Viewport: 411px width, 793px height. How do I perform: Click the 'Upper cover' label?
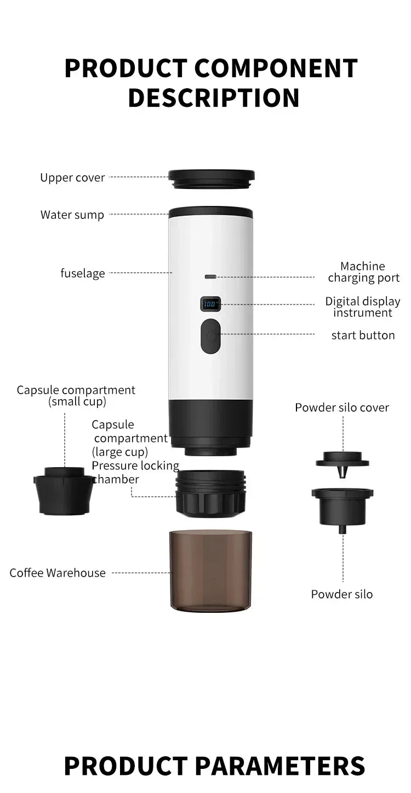[x=72, y=177]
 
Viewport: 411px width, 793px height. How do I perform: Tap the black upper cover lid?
[x=212, y=179]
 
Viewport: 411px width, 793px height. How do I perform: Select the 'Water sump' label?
[x=72, y=215]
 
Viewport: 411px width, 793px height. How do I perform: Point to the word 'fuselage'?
[x=83, y=273]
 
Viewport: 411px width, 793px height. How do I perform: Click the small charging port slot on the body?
[x=210, y=277]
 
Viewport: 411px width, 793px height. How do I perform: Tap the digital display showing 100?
[x=210, y=303]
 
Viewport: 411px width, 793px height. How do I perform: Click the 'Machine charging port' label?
[x=363, y=272]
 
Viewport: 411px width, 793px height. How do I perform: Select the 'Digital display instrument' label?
[x=363, y=307]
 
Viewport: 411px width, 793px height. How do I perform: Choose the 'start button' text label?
[x=363, y=335]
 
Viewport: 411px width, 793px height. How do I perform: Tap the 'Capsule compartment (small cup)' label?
[x=76, y=395]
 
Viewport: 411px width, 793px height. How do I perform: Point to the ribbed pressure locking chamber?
[x=211, y=492]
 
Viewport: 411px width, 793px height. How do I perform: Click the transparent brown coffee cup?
[x=211, y=570]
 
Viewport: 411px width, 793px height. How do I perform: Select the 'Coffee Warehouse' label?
[x=58, y=573]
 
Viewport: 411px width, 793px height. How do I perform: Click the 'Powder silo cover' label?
[x=342, y=407]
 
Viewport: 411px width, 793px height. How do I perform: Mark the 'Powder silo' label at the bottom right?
[x=342, y=594]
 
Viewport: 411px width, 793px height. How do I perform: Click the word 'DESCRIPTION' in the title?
[x=214, y=97]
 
